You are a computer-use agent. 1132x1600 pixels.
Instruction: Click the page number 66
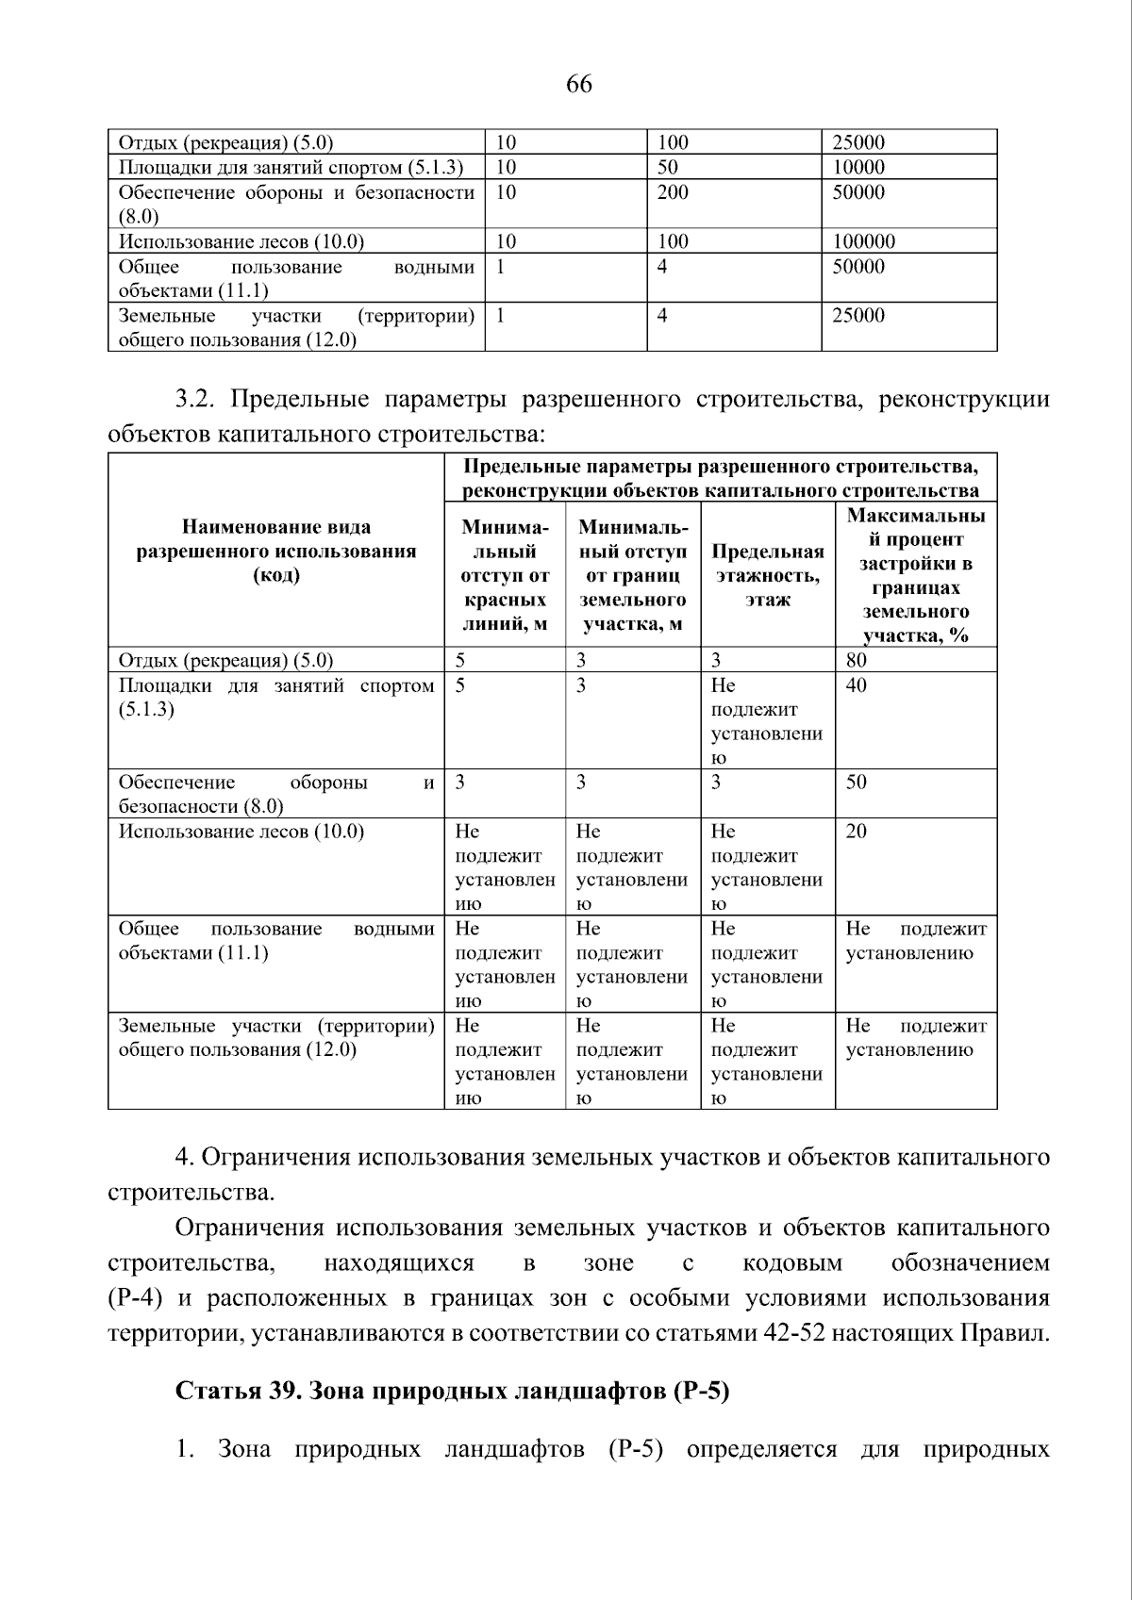point(579,85)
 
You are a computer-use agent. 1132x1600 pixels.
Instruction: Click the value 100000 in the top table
point(863,241)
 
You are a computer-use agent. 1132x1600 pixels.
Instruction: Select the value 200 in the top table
point(673,192)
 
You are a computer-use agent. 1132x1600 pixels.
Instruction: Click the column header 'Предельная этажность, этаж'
point(767,575)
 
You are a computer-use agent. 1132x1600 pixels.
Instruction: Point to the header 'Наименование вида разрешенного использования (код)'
point(276,551)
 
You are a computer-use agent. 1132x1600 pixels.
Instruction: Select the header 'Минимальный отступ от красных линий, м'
point(505,575)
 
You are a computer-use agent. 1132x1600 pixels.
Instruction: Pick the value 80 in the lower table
point(856,660)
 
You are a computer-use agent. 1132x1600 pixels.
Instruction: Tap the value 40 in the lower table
point(856,685)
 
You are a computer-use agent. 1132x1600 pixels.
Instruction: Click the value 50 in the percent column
point(856,782)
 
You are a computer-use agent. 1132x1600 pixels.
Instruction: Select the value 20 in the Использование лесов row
point(856,831)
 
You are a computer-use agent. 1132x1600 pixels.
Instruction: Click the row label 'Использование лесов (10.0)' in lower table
point(241,831)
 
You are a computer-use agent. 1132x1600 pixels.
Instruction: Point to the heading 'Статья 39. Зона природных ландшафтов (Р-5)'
point(453,1392)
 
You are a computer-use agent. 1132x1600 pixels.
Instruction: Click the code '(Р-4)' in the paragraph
point(138,1298)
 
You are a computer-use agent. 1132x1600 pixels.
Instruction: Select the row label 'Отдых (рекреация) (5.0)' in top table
point(225,143)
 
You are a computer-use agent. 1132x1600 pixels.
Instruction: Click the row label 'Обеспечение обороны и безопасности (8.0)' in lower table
point(276,793)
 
